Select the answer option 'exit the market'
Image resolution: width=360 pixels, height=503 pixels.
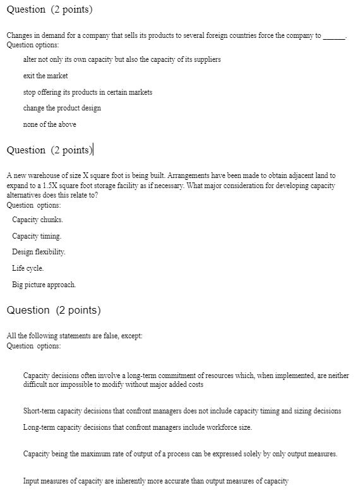[x=45, y=76]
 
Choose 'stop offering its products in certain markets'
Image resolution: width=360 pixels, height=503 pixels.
[x=88, y=92]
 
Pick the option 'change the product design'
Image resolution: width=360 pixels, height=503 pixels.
[x=62, y=108]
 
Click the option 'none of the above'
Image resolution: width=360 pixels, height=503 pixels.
[x=49, y=124]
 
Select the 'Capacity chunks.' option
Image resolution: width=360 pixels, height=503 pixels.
[x=37, y=220]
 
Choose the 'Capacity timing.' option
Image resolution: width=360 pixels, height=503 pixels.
[x=37, y=236]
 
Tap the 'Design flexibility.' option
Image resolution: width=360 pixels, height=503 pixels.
[x=39, y=252]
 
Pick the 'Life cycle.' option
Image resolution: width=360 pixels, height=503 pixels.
[x=28, y=268]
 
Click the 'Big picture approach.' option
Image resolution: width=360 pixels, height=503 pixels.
[x=44, y=285]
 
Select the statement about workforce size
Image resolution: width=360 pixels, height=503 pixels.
[x=137, y=427]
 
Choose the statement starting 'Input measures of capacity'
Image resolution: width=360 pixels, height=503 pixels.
[x=155, y=481]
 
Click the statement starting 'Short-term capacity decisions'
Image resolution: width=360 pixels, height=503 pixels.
[x=182, y=411]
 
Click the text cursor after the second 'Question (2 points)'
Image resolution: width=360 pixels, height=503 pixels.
[x=93, y=150]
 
